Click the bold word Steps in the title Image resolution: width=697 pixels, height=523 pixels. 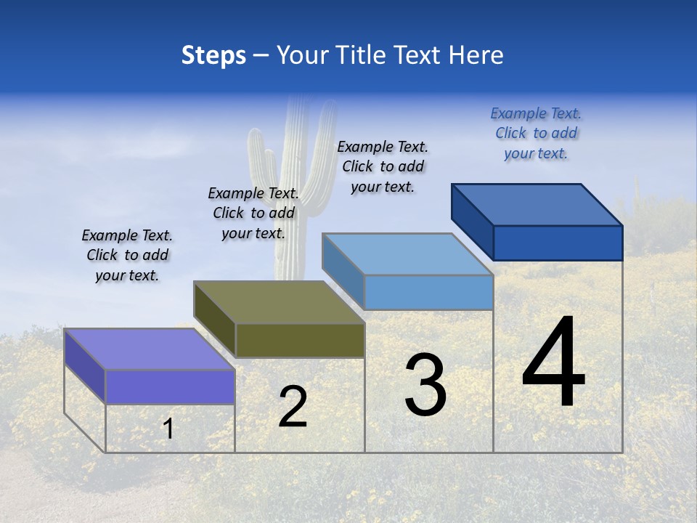tap(213, 56)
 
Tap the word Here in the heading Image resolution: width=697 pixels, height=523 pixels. tap(476, 56)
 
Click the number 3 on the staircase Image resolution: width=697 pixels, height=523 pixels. tap(425, 385)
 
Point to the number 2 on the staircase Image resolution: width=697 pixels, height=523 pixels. tap(293, 407)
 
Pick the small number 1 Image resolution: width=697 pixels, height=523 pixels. tap(168, 429)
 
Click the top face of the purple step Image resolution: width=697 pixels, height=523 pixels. tap(149, 349)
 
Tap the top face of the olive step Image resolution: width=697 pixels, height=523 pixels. tap(279, 302)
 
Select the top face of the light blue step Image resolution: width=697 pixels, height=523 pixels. tap(408, 254)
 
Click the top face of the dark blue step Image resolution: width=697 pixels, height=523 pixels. tap(537, 205)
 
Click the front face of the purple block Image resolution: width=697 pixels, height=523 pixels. tap(170, 386)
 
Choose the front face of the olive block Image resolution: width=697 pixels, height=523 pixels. tap(300, 340)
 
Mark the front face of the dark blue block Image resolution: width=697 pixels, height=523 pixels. tap(558, 243)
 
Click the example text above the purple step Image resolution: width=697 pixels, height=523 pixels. tap(127, 256)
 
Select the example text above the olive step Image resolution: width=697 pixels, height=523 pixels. tap(253, 214)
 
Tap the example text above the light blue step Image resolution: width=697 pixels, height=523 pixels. tap(383, 167)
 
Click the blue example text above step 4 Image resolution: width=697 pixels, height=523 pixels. tap(536, 134)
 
